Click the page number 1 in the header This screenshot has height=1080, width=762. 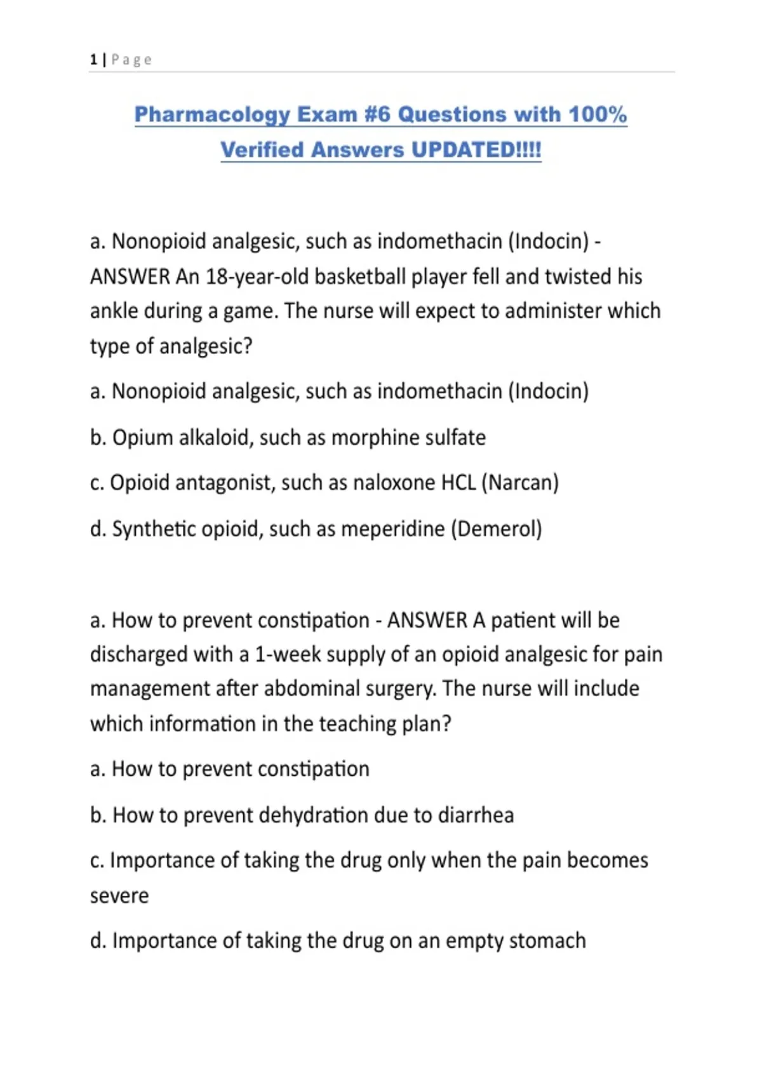[93, 60]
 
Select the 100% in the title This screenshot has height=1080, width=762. [598, 114]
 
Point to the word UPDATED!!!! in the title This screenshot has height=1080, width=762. [476, 150]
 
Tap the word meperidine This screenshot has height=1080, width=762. [392, 529]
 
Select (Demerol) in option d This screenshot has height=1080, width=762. [497, 529]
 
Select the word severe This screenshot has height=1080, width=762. [119, 896]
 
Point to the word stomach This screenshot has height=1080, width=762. [547, 941]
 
